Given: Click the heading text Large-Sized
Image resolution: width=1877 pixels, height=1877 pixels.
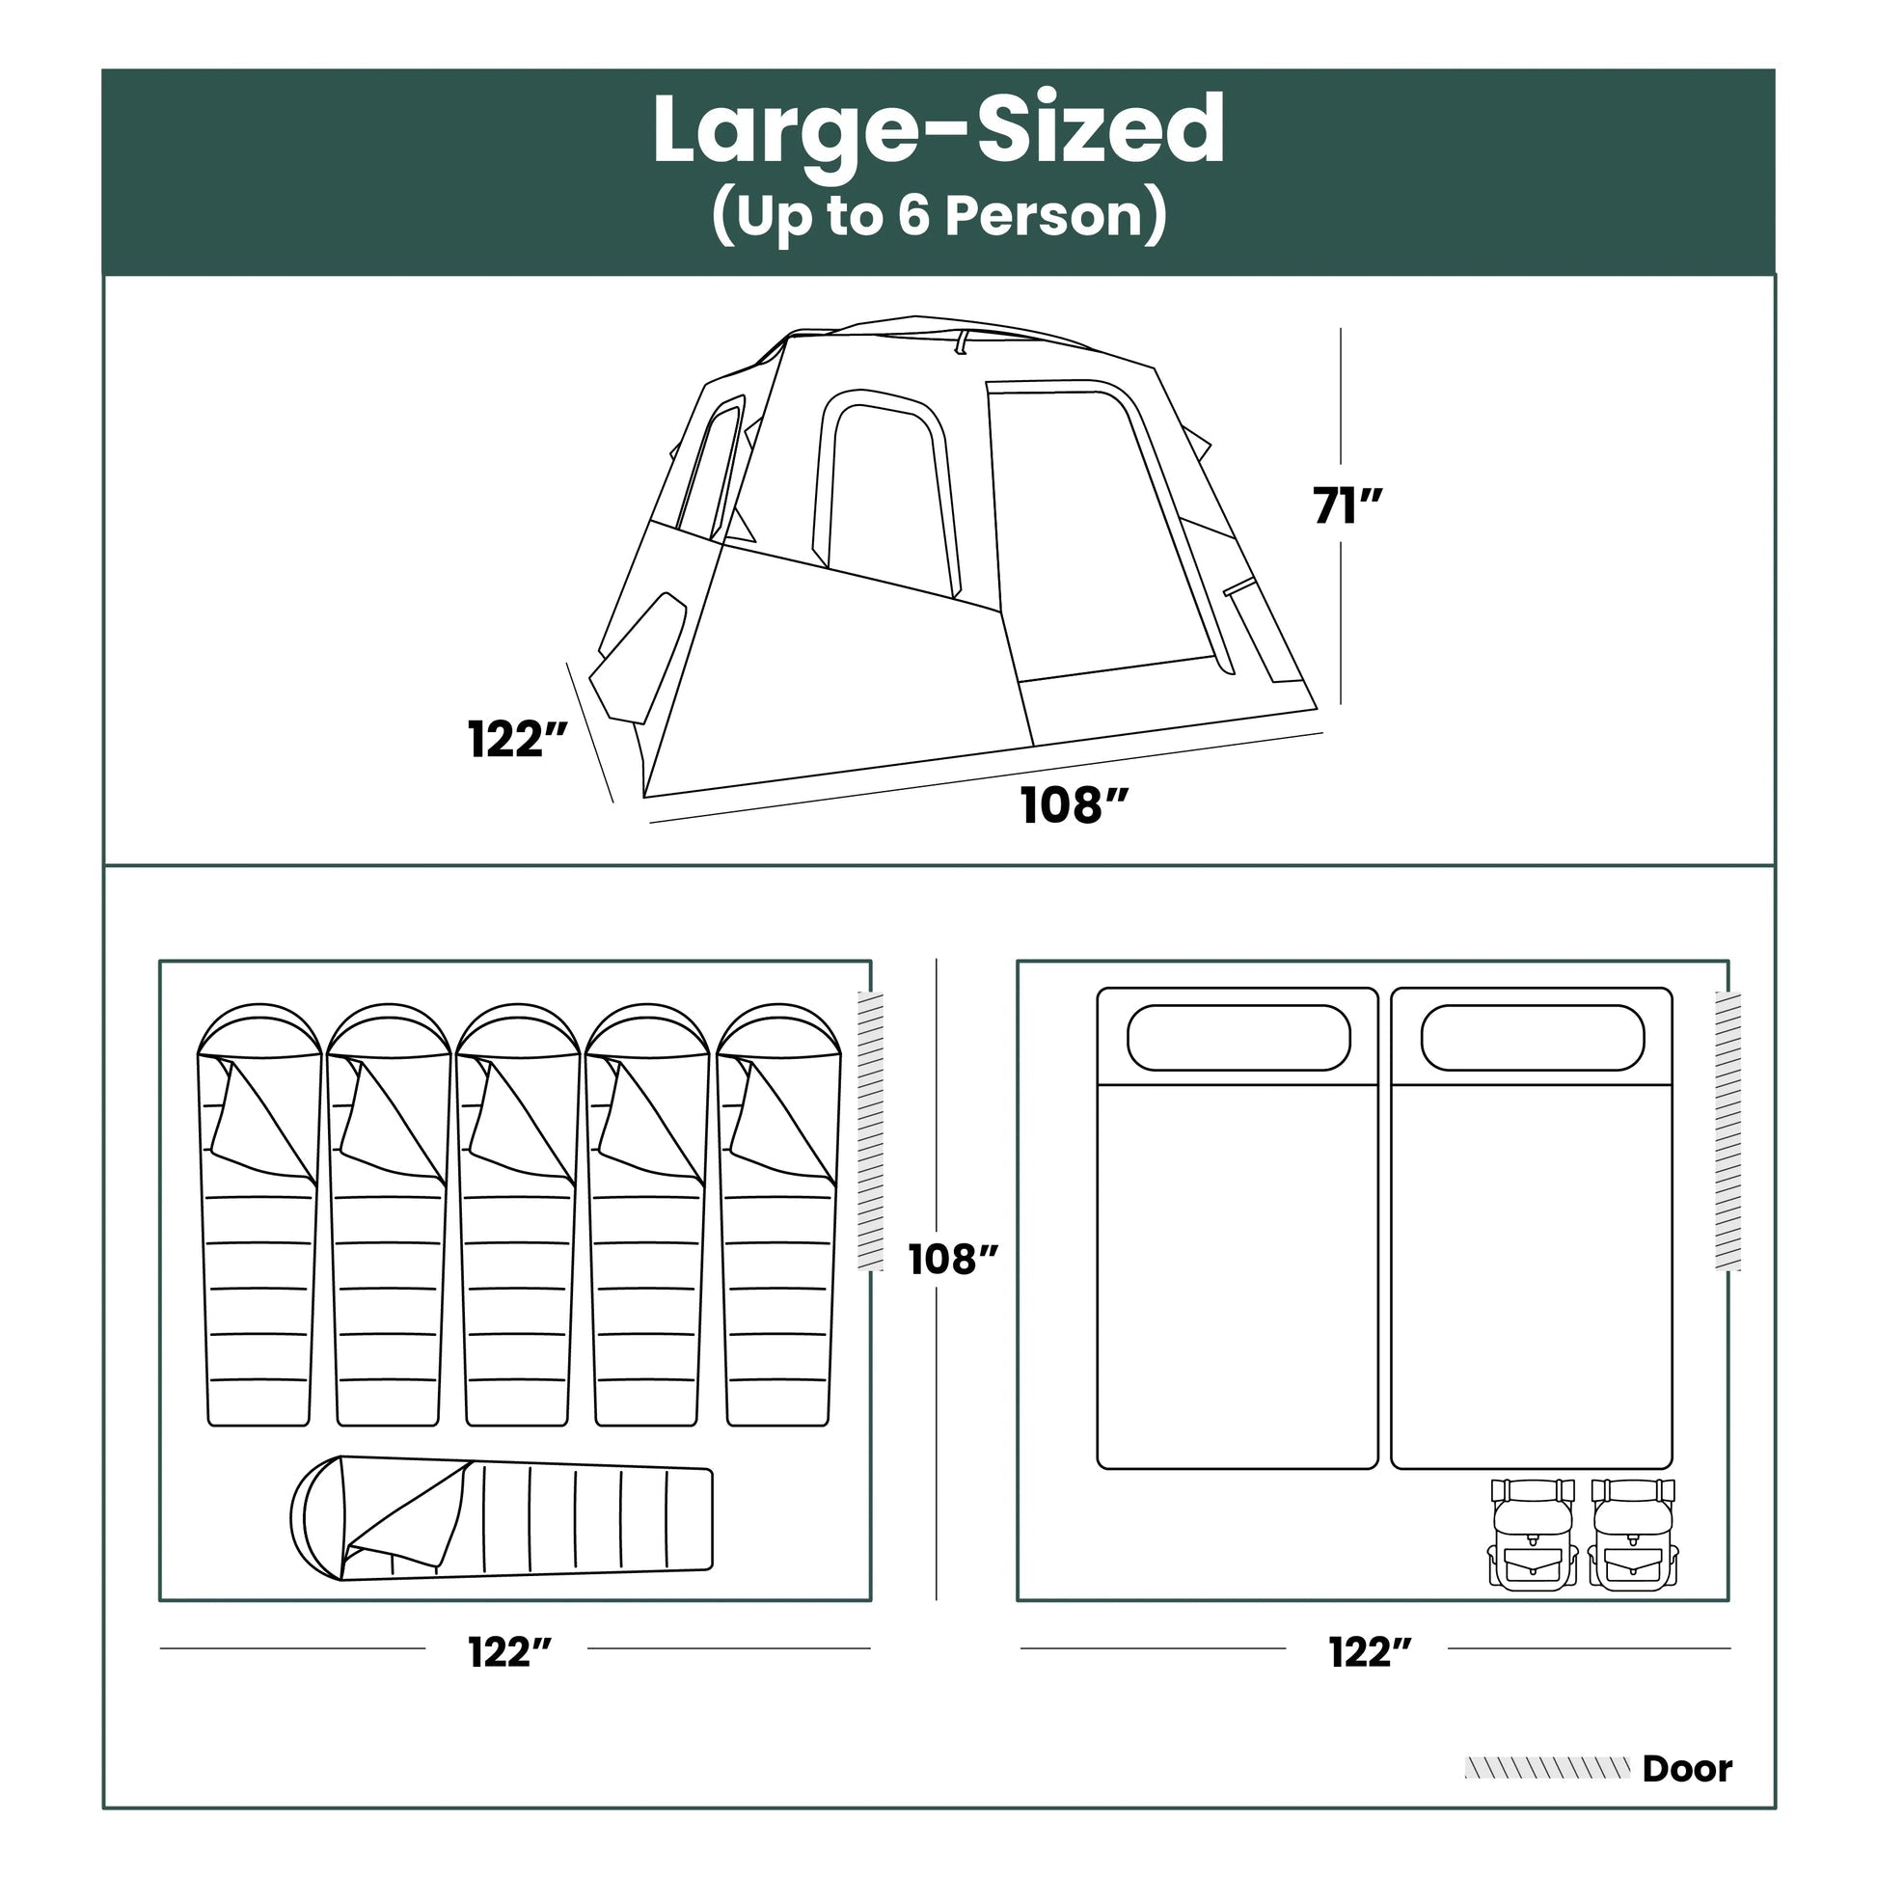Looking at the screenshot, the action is pos(938,130).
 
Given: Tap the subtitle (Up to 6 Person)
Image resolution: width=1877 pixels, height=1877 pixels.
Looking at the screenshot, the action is pos(938,216).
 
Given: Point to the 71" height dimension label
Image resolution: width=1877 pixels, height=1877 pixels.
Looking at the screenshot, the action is pos(1347,506).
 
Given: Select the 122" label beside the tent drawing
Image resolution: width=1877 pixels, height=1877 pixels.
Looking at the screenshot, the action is pos(518,740).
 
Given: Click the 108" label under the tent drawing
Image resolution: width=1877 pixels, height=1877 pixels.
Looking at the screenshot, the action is pos(1075,806).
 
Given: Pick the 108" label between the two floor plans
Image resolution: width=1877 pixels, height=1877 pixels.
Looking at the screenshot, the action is pos(954,1260).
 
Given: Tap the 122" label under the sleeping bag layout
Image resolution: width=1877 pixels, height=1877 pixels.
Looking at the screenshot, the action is pos(510,1651).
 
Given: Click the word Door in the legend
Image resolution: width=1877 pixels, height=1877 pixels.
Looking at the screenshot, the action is pos(1688,1769).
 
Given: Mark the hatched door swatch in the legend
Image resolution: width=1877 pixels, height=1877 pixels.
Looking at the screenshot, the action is pos(1548,1768).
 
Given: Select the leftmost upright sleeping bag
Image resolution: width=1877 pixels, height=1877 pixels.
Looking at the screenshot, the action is pos(259,1214).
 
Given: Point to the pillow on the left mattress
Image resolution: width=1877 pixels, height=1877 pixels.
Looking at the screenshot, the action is pos(1238,1038).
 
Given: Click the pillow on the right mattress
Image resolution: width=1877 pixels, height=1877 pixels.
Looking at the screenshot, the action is pos(1533,1038).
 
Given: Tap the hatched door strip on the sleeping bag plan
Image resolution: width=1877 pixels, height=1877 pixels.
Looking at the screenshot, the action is pos(870,1130).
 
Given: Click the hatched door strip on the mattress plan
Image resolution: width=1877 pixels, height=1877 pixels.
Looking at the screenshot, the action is pos(1728,1130).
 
